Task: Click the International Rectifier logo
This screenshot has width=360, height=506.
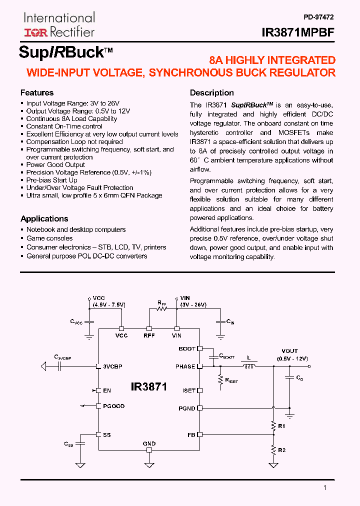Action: click(x=59, y=25)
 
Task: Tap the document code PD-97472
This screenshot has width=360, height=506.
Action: click(x=318, y=16)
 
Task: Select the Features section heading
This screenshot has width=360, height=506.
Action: click(x=37, y=92)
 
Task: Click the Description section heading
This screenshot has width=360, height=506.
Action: click(x=211, y=92)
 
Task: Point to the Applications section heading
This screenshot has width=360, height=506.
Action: click(x=44, y=218)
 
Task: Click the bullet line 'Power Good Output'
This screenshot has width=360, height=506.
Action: click(x=55, y=164)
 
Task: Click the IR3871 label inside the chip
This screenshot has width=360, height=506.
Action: click(x=148, y=386)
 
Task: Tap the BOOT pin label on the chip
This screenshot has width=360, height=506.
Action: click(x=187, y=348)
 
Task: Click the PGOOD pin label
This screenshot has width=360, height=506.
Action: click(x=114, y=406)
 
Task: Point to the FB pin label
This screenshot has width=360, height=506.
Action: click(x=191, y=435)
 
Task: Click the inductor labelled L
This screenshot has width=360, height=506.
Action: click(x=248, y=366)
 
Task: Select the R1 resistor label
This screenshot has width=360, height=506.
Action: click(x=281, y=426)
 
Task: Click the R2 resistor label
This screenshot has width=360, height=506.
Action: click(x=281, y=450)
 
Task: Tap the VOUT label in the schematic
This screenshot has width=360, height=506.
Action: click(x=289, y=351)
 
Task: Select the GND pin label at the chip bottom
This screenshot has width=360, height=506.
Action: click(x=149, y=443)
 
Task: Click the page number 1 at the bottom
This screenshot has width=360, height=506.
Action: click(x=324, y=488)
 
